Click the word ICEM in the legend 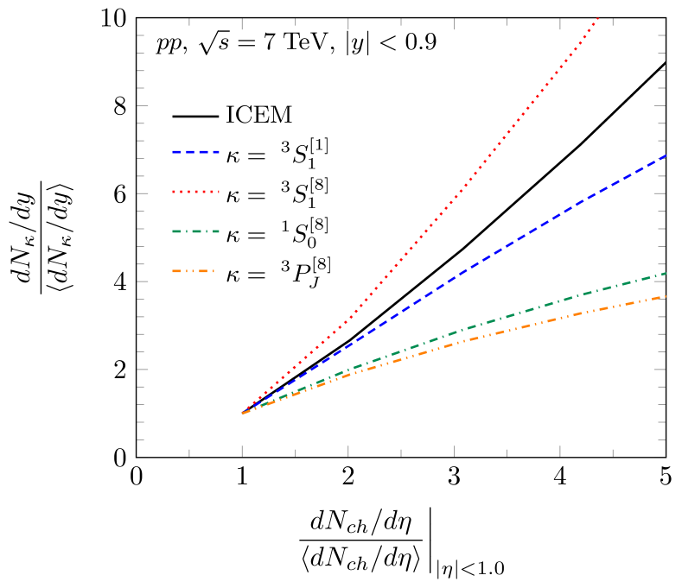(x=258, y=115)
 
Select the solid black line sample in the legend (x=194, y=116)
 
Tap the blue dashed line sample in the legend (x=194, y=153)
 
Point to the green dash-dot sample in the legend (x=194, y=231)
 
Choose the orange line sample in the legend (x=194, y=271)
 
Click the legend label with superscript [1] (x=277, y=153)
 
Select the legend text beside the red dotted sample (x=277, y=193)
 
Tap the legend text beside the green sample (x=277, y=231)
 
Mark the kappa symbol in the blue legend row (x=233, y=155)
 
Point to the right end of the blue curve (x=664, y=156)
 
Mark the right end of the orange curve (x=664, y=296)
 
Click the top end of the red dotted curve (x=596, y=18)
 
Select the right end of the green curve (x=664, y=274)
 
